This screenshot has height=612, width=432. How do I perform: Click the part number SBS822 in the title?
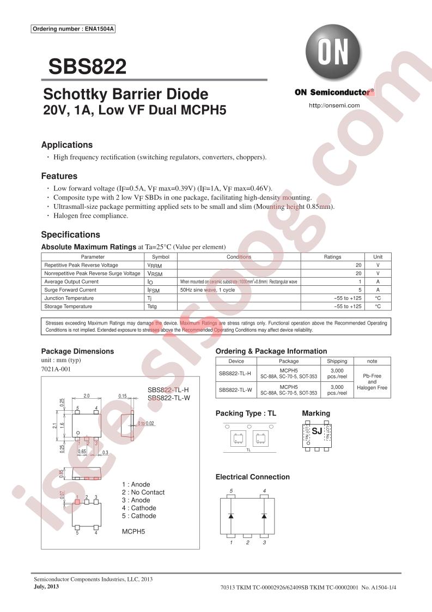click(x=87, y=67)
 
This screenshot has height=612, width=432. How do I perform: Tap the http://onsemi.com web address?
click(x=334, y=105)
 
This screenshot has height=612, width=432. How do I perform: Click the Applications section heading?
click(x=67, y=145)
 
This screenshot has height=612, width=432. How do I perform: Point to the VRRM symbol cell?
click(x=155, y=265)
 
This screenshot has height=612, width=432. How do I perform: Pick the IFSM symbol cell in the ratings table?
click(x=155, y=290)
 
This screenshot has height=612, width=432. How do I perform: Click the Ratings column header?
click(x=332, y=257)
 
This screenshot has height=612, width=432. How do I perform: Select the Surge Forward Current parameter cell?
click(x=70, y=290)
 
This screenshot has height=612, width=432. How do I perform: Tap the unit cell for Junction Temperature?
click(x=378, y=298)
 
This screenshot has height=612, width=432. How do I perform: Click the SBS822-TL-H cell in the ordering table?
click(x=235, y=374)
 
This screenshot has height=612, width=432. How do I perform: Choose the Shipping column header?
click(x=337, y=361)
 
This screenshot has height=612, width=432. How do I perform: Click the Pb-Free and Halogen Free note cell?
click(x=372, y=382)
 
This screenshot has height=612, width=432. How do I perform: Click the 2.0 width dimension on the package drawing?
click(x=87, y=396)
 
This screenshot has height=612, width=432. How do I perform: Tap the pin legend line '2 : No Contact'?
click(x=143, y=492)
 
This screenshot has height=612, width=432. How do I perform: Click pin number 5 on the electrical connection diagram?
click(x=232, y=491)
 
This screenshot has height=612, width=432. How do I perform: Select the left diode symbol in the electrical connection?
click(x=232, y=515)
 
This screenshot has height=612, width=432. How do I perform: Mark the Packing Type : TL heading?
click(x=246, y=413)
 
